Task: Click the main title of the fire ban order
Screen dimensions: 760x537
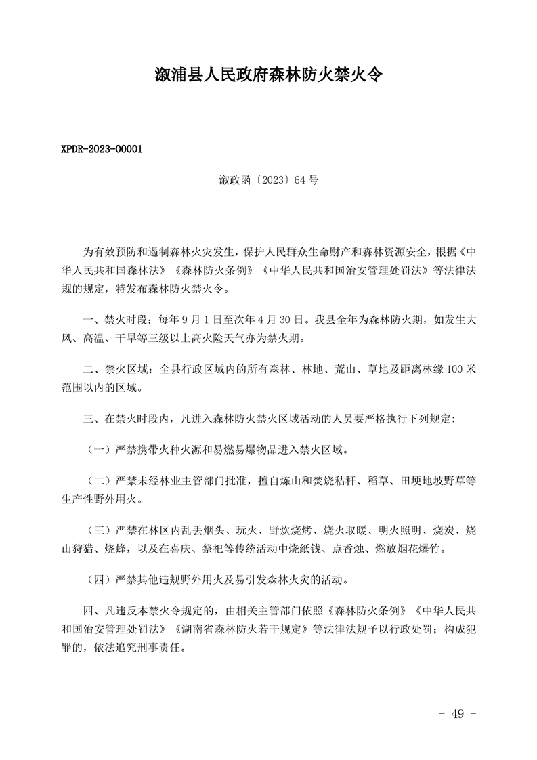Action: click(x=268, y=75)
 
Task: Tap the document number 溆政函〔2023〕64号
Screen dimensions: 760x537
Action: click(x=268, y=180)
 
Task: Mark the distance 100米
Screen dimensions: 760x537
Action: click(x=459, y=371)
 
